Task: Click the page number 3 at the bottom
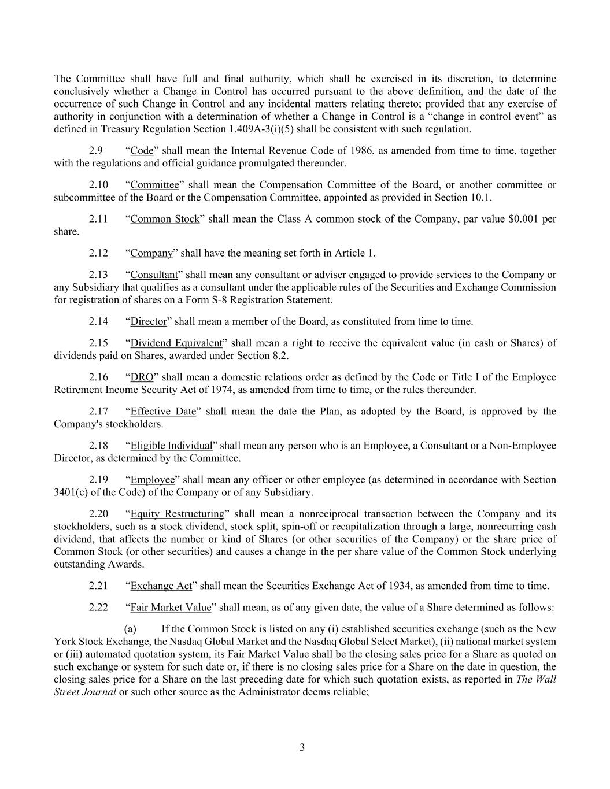[302, 747]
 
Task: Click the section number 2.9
[96, 151]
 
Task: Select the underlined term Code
[142, 151]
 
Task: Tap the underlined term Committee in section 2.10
[154, 185]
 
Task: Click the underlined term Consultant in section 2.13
[154, 275]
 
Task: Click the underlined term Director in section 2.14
[148, 321]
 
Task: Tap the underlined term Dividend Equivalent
[176, 343]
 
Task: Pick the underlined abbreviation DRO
[142, 377]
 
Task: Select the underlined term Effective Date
[163, 412]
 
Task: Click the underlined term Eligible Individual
[171, 446]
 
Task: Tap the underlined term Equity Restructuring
[177, 514]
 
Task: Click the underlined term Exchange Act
[161, 586]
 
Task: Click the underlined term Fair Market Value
[171, 608]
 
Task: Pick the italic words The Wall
[535, 679]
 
